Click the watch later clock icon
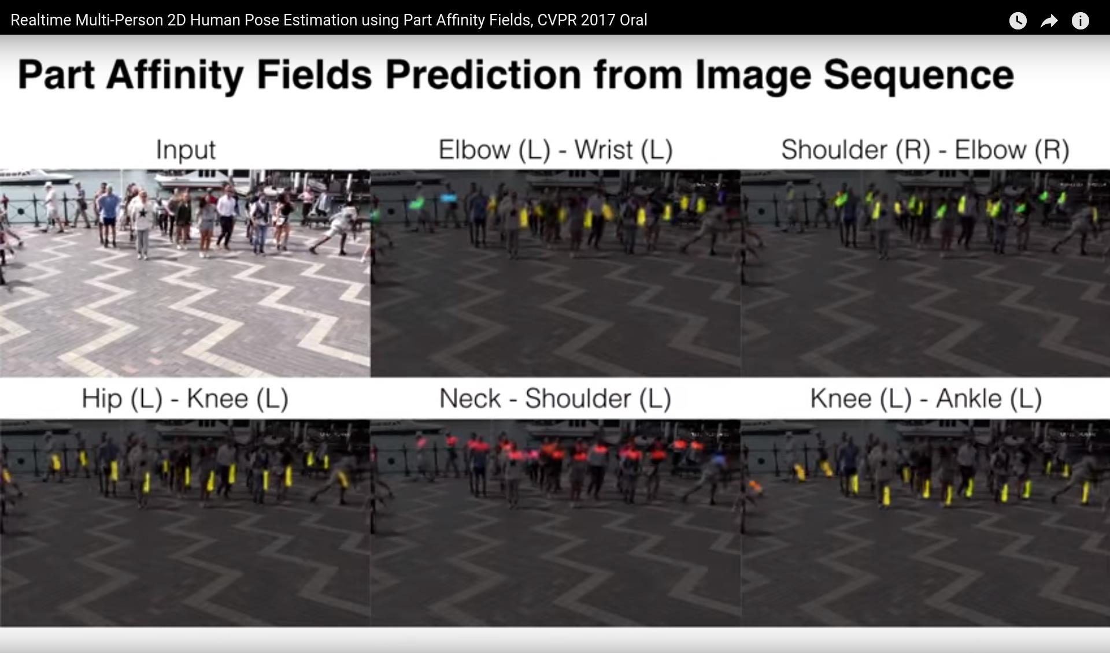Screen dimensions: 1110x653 pyautogui.click(x=1017, y=21)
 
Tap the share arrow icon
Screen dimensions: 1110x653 pyautogui.click(x=1049, y=21)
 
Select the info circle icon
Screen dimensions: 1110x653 pyautogui.click(x=1080, y=21)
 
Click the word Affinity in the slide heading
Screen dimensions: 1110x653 pyautogui.click(x=176, y=75)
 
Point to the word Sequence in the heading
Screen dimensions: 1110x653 pyautogui.click(x=919, y=75)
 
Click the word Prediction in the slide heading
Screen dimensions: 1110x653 pyautogui.click(x=483, y=75)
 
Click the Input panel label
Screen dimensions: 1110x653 pyautogui.click(x=186, y=150)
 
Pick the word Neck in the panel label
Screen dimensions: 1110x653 pyautogui.click(x=470, y=399)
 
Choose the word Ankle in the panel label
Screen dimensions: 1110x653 pyautogui.click(x=969, y=399)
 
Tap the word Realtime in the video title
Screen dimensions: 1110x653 pyautogui.click(x=41, y=20)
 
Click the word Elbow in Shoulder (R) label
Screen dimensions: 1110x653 pyautogui.click(x=990, y=150)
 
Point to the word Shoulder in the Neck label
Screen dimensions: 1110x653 pyautogui.click(x=578, y=399)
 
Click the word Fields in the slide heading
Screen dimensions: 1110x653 pyautogui.click(x=314, y=75)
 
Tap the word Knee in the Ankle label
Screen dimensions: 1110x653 pyautogui.click(x=841, y=399)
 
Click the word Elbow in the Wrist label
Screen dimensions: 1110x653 pyautogui.click(x=475, y=150)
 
